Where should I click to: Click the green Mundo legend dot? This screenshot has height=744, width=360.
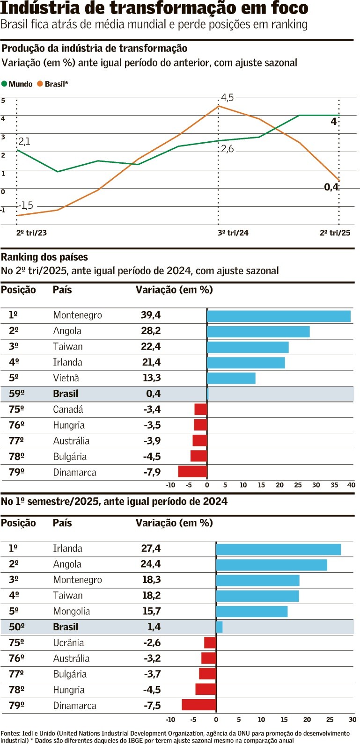[x=4, y=84]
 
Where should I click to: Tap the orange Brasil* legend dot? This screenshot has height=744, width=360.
[x=40, y=84]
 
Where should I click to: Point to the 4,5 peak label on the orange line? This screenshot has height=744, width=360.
[x=227, y=98]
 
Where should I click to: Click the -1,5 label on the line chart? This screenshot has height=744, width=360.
[x=26, y=205]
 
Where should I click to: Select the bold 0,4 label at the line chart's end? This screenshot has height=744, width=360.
[x=331, y=187]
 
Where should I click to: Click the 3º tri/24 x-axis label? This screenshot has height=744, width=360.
[x=233, y=233]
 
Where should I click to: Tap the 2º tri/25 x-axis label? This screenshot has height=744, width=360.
[x=335, y=233]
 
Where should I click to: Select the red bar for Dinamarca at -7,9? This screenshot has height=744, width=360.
[x=192, y=472]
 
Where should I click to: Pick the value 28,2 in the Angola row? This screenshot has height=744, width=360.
[x=151, y=331]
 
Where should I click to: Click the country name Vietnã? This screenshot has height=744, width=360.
[x=66, y=378]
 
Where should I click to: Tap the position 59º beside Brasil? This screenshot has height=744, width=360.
[x=16, y=394]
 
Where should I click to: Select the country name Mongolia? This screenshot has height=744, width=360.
[x=71, y=611]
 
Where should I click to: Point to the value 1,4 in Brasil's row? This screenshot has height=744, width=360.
[x=154, y=627]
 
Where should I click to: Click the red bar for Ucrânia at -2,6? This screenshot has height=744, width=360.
[x=210, y=642]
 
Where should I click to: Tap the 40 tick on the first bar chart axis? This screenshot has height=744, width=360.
[x=351, y=485]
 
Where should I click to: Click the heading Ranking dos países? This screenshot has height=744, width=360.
[x=44, y=257]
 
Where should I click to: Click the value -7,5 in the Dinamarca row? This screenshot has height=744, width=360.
[x=152, y=706]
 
